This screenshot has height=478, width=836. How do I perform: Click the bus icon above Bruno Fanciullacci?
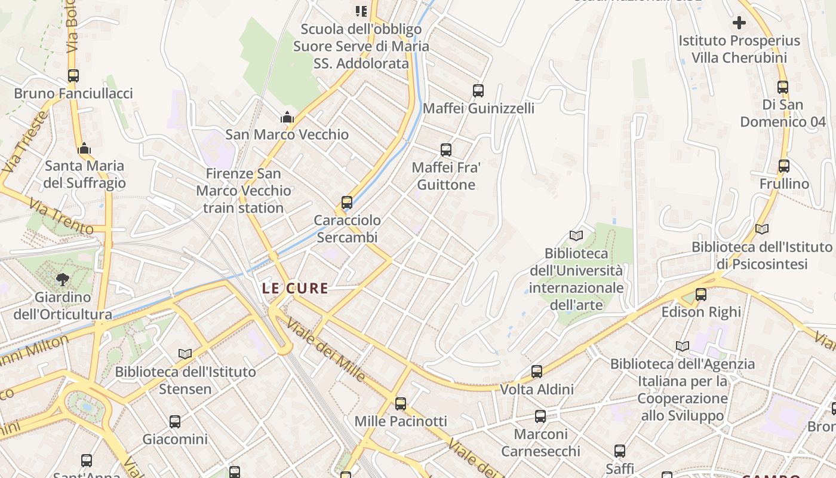click(x=73, y=76)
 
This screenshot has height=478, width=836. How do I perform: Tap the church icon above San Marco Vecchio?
click(x=287, y=117)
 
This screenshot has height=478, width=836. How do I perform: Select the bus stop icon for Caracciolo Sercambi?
click(x=346, y=203)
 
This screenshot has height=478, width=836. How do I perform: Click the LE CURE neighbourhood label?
click(x=295, y=288)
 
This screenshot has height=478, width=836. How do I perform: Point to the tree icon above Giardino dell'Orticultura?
click(x=62, y=279)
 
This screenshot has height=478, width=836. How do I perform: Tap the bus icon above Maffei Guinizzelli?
click(x=478, y=91)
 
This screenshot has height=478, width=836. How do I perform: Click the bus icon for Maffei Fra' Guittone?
click(x=445, y=150)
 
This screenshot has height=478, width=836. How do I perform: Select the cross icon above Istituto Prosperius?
click(x=739, y=23)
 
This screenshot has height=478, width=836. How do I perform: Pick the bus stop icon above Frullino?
click(x=783, y=166)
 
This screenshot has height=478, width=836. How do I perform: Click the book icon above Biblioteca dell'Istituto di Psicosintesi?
click(x=761, y=229)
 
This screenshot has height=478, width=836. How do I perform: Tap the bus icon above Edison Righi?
click(x=700, y=295)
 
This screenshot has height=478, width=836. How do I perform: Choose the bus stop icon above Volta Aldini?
click(x=536, y=372)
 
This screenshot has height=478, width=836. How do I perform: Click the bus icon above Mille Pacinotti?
click(x=400, y=404)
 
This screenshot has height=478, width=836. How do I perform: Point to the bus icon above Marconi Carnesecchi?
click(x=540, y=416)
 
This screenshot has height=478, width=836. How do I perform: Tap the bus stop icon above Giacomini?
click(x=174, y=422)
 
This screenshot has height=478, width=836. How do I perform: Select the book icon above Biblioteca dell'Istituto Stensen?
click(x=185, y=354)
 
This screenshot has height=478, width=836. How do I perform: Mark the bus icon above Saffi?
click(x=619, y=451)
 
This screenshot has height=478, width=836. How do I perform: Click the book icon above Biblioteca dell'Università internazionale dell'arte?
click(x=576, y=236)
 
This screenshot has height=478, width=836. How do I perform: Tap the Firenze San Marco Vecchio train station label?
click(x=244, y=191)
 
